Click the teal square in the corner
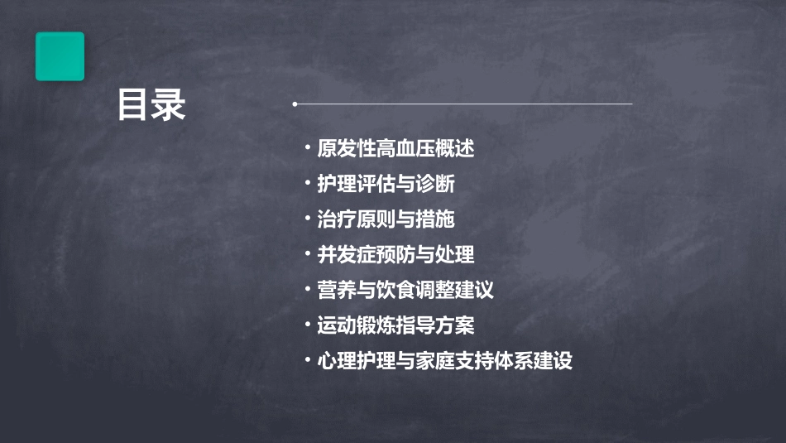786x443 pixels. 60,56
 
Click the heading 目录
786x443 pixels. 151,106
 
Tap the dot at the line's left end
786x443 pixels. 295,104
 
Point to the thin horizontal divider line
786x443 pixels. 463,104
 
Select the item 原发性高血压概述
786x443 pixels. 395,149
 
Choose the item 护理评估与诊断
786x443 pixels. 386,184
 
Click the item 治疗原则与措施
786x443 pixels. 386,219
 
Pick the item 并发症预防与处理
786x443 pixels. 395,254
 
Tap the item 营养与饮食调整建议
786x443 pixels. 405,290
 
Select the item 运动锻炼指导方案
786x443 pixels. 395,325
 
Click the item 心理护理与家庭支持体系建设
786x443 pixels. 444,361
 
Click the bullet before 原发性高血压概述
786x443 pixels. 308,149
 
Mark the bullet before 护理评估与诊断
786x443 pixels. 308,184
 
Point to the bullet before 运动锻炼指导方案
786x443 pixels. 308,325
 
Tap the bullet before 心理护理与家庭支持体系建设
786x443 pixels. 308,361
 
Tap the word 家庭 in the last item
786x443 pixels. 444,361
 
